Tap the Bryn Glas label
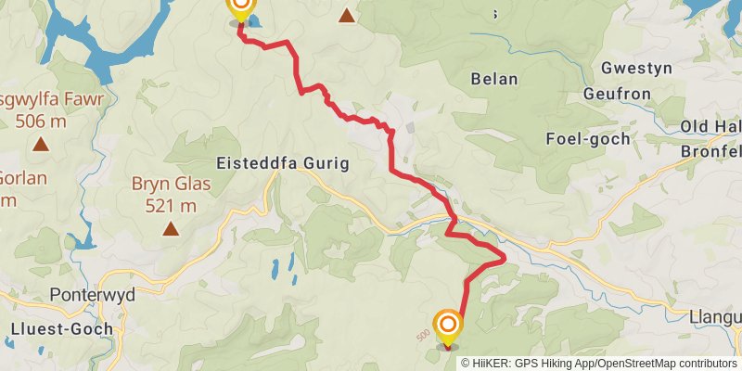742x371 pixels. pyautogui.click(x=171, y=185)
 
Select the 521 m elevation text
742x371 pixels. pyautogui.click(x=171, y=206)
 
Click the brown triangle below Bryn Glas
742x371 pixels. pyautogui.click(x=171, y=228)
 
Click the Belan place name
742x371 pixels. pyautogui.click(x=494, y=79)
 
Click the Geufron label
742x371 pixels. pyautogui.click(x=619, y=94)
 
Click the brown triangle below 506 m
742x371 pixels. pyautogui.click(x=41, y=144)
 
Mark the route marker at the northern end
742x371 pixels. pyautogui.click(x=240, y=8)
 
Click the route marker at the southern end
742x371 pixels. pyautogui.click(x=448, y=327)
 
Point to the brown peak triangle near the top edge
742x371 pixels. pyautogui.click(x=347, y=15)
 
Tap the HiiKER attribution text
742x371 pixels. pyautogui.click(x=598, y=363)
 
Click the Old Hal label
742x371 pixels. pyautogui.click(x=710, y=127)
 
